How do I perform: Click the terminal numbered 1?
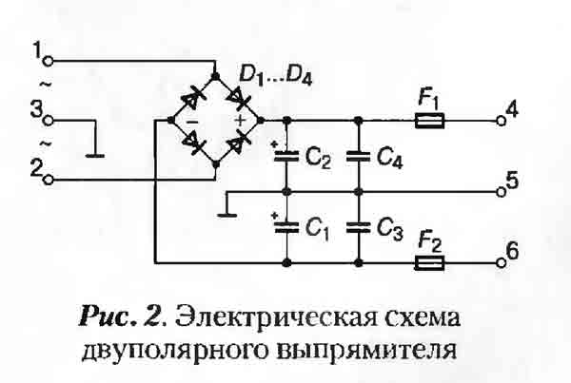[49, 60]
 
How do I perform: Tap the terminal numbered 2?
[49, 179]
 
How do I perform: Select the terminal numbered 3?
[49, 121]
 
